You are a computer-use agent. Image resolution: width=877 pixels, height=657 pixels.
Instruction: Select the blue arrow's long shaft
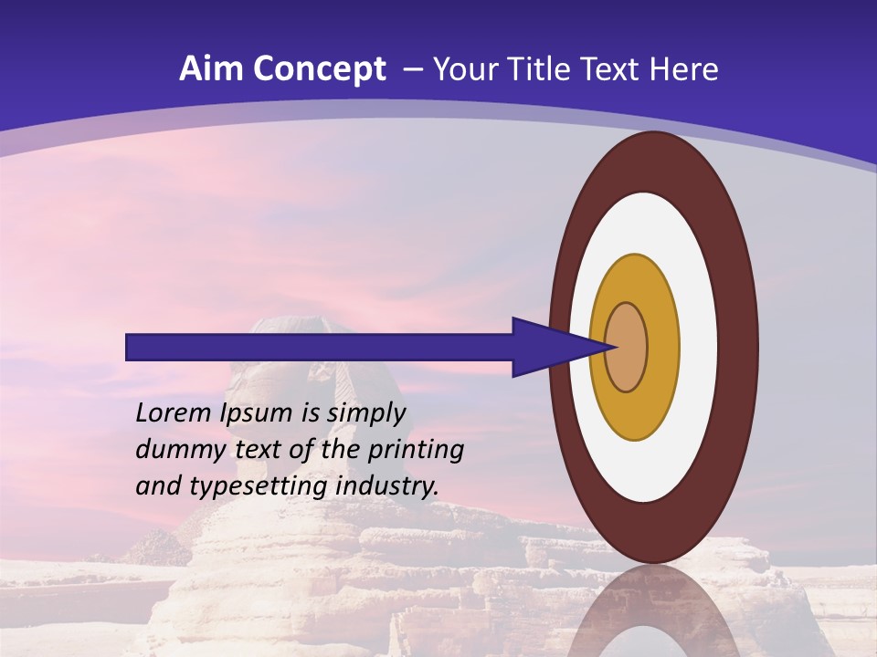click(320, 347)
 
